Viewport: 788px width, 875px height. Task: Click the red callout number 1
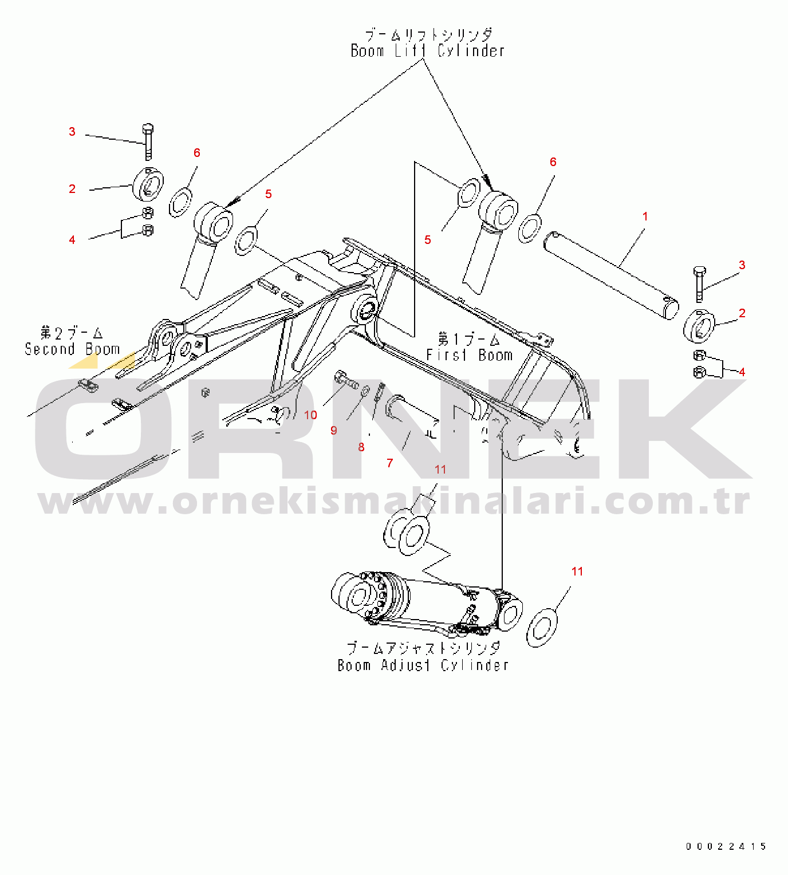point(645,216)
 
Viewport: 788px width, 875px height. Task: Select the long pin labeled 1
point(611,275)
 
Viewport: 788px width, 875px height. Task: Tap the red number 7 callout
point(389,463)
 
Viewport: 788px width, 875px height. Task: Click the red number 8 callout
point(361,447)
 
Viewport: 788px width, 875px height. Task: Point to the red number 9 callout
point(334,431)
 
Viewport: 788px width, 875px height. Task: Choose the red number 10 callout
point(310,415)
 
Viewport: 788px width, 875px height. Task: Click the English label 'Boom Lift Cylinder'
point(428,51)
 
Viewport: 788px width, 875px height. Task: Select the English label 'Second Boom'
point(72,349)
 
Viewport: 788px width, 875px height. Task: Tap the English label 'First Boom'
point(469,355)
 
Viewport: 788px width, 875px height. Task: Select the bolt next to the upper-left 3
point(148,142)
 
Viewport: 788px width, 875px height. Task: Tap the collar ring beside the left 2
point(148,184)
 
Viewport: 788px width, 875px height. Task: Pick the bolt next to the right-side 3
point(699,284)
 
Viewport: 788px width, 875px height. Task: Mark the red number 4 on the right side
point(742,372)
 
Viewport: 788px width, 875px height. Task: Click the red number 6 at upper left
point(197,153)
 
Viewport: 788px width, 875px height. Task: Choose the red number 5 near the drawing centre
point(428,239)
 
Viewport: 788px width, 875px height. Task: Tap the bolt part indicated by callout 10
point(346,380)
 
